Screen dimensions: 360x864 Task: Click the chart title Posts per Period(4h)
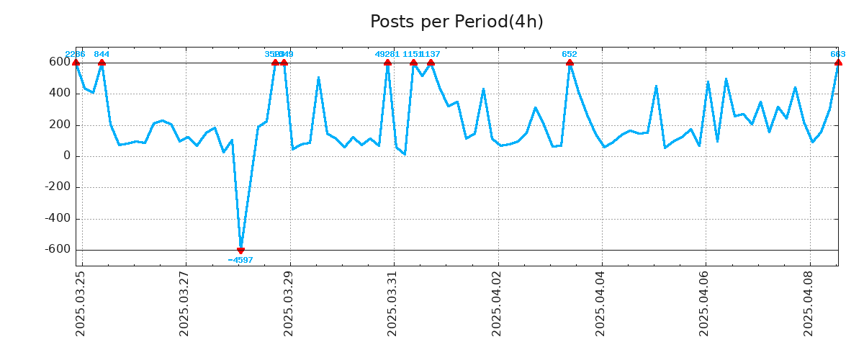456,22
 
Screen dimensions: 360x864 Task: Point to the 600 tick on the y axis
60,63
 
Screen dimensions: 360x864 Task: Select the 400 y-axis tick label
60,94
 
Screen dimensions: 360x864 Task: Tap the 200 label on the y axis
60,125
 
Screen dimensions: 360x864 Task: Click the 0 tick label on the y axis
66,156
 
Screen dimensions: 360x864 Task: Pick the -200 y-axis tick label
58,188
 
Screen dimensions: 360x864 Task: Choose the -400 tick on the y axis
58,219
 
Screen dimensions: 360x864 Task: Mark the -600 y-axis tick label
58,250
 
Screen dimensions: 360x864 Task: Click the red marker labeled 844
102,63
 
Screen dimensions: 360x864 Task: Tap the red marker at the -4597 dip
240,250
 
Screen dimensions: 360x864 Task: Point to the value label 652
570,54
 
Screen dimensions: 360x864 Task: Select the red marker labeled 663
838,63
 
